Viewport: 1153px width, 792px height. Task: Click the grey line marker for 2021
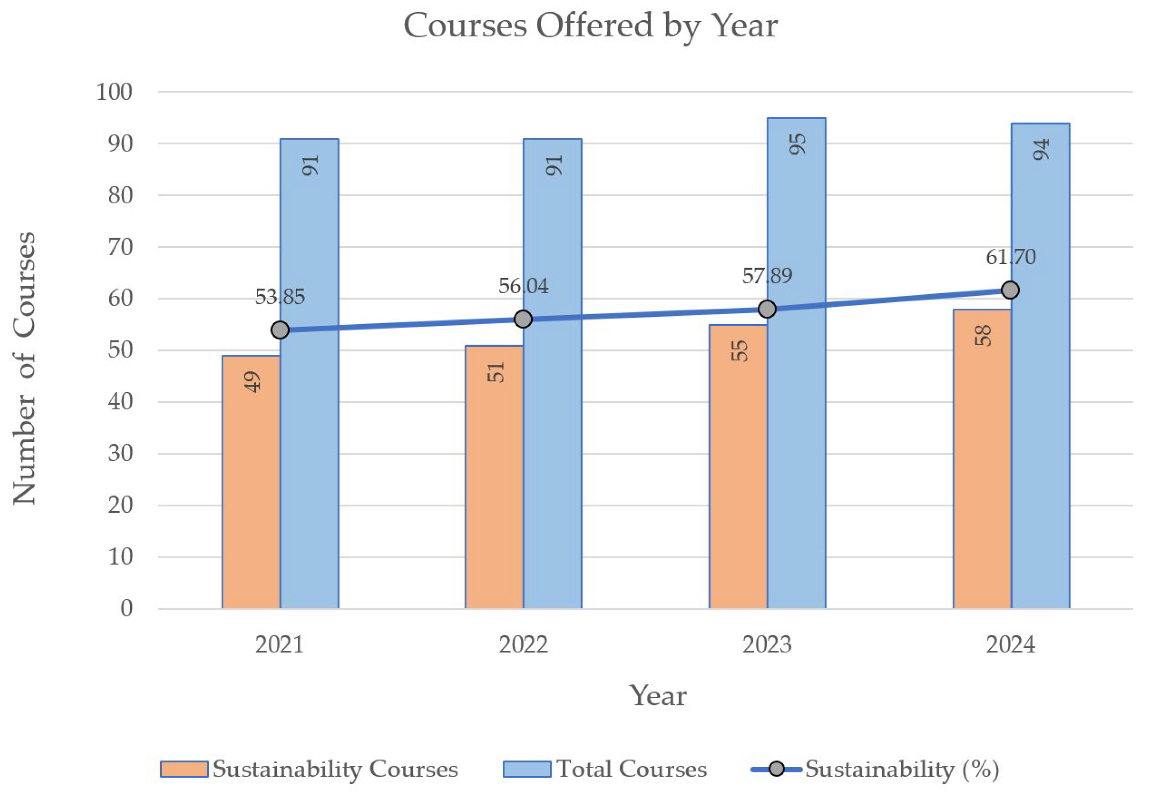[280, 330]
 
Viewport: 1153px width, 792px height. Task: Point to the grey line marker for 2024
[1011, 290]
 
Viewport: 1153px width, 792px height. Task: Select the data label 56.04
[523, 286]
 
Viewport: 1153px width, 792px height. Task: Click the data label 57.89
[767, 276]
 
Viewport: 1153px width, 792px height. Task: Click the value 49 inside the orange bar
[252, 382]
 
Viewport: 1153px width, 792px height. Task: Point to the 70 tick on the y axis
[121, 247]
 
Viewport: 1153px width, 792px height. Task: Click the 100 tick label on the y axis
[114, 92]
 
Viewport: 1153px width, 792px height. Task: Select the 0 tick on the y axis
[127, 609]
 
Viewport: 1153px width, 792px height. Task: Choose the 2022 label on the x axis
[523, 645]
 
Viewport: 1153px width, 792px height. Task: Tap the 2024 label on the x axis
[1011, 645]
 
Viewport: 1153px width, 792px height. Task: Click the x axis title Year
[658, 696]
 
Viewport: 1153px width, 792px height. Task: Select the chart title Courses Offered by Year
[590, 26]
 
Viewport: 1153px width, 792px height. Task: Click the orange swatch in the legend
[184, 769]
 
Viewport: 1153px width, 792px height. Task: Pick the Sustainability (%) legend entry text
[902, 769]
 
